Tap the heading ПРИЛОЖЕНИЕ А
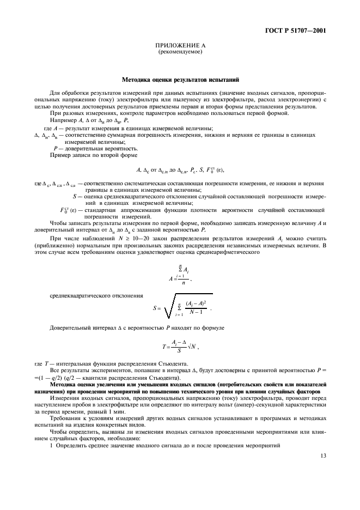click(x=179, y=46)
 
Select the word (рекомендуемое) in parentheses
click(x=179, y=52)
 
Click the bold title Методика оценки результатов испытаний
click(x=179, y=80)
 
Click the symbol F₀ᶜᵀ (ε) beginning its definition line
click(x=69, y=210)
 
